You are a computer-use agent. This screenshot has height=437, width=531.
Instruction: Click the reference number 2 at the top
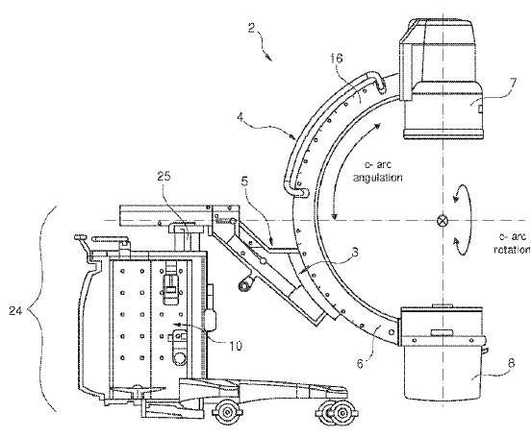[251, 28]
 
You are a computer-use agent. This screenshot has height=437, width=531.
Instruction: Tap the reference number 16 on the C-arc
[337, 59]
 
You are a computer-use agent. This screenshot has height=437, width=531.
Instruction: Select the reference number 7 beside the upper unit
[513, 83]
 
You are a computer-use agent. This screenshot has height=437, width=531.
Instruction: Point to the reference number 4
[240, 117]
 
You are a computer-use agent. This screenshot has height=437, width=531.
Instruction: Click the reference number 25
[164, 176]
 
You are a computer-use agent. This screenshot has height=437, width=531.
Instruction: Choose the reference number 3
[355, 252]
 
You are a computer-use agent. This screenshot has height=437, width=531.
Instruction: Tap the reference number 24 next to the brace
[15, 310]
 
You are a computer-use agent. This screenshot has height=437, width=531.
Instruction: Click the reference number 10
[236, 346]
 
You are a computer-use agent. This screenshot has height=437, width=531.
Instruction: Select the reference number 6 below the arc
[360, 364]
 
